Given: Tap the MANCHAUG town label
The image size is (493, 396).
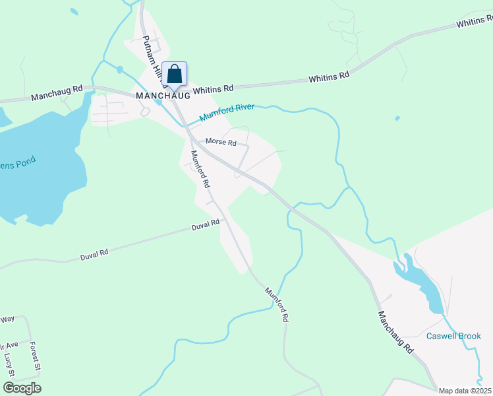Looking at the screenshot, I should (x=163, y=95).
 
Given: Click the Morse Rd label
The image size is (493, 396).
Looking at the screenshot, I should (x=221, y=142).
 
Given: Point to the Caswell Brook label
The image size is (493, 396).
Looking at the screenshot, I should (x=453, y=336).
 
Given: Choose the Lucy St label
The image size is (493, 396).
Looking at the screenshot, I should (x=9, y=364).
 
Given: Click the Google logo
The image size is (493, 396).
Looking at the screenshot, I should (x=21, y=387).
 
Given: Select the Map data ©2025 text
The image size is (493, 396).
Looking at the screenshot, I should (x=465, y=390).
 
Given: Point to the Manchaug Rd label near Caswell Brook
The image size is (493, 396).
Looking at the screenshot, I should (x=396, y=331).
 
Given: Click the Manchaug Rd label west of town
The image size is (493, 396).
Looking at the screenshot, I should (x=57, y=92).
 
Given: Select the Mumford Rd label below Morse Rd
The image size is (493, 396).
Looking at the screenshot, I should (x=199, y=169).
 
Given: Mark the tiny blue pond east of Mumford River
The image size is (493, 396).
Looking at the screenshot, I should (x=397, y=119).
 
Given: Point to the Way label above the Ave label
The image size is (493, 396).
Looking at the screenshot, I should (x=7, y=319).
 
